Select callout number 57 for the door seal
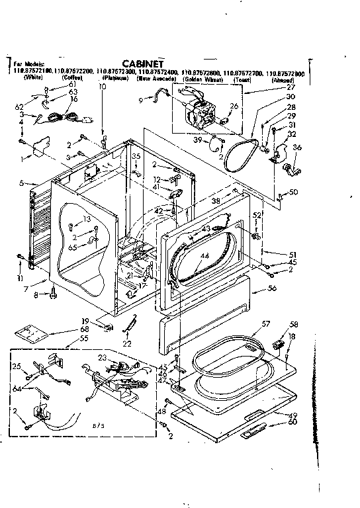tap(267, 323)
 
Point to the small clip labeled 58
tap(279, 344)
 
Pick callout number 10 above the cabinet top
tap(103, 87)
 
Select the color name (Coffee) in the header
tap(72, 78)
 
